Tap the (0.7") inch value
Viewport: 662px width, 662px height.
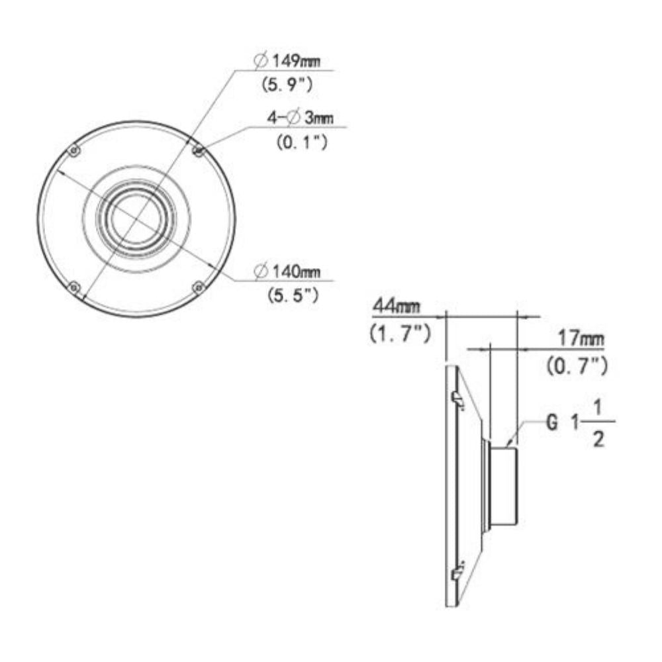click(577, 364)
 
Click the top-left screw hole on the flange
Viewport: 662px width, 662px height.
click(75, 152)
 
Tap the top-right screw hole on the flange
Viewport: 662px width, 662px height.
click(197, 152)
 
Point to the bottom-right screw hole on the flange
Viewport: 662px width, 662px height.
click(197, 287)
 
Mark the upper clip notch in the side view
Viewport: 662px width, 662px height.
click(457, 396)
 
